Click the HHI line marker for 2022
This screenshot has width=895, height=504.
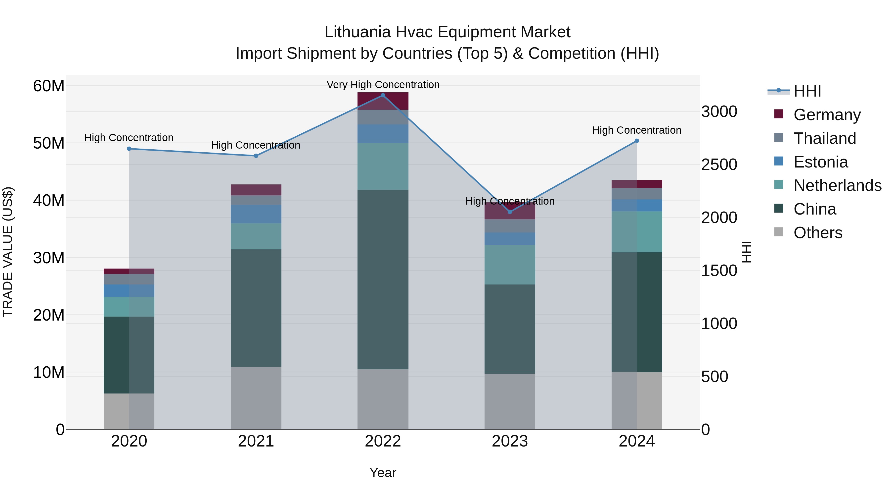pyautogui.click(x=383, y=95)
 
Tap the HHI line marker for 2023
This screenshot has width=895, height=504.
pyautogui.click(x=510, y=212)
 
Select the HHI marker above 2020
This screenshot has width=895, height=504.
pyautogui.click(x=129, y=149)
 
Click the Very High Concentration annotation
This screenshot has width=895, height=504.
pyautogui.click(x=383, y=85)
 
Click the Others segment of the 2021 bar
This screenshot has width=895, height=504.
pyautogui.click(x=256, y=398)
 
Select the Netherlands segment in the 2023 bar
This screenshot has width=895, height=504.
pyautogui.click(x=510, y=265)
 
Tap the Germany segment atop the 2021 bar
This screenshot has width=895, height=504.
pyautogui.click(x=256, y=190)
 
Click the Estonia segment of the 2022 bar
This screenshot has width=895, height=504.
pyautogui.click(x=383, y=134)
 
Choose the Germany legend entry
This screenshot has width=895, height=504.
pyautogui.click(x=827, y=115)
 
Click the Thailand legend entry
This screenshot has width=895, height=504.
pyautogui.click(x=824, y=138)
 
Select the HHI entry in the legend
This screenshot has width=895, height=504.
pyautogui.click(x=807, y=91)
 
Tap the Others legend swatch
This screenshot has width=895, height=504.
pyautogui.click(x=779, y=232)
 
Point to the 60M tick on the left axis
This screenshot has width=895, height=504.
pyautogui.click(x=49, y=86)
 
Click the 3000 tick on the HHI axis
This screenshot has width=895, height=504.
pyautogui.click(x=719, y=112)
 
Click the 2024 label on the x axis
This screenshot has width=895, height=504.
pyautogui.click(x=636, y=441)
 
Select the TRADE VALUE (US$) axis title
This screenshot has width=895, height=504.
pyautogui.click(x=8, y=252)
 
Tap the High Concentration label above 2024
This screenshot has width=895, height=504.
pyautogui.click(x=636, y=130)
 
